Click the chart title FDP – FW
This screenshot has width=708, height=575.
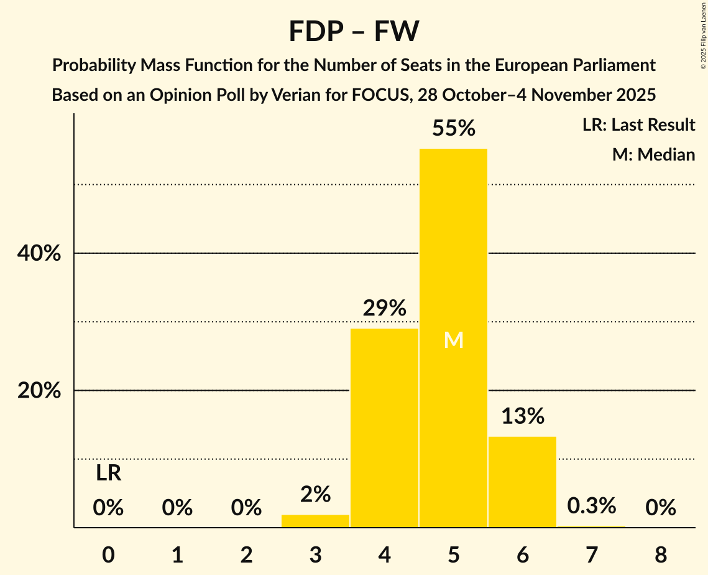354,31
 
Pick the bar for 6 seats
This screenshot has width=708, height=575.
522,482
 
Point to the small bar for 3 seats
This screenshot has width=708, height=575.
315,521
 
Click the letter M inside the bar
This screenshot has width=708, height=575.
454,340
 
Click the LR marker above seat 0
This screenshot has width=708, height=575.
109,474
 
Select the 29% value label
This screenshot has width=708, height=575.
384,307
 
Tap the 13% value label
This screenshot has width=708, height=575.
522,416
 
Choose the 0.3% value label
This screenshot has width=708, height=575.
591,506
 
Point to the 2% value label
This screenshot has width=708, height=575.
315,494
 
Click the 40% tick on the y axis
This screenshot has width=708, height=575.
39,253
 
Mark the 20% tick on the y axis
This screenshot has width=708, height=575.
39,391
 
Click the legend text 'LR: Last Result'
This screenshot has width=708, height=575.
638,125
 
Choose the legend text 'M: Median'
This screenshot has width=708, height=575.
653,154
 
